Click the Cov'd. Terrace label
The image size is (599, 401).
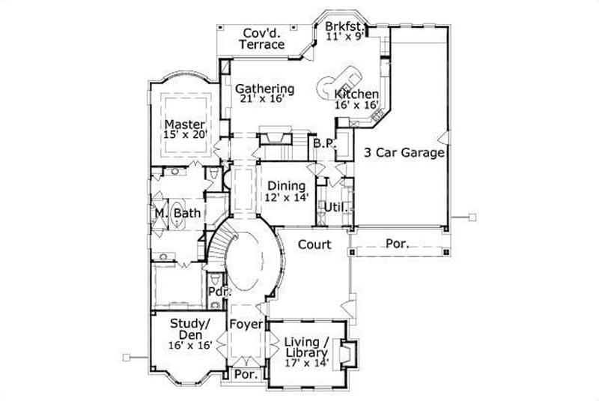(261, 38)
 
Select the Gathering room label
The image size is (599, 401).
(265, 89)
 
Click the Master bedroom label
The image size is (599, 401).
(185, 124)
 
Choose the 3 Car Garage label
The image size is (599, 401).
(404, 153)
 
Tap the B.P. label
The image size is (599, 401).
(323, 142)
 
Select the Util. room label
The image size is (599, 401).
(333, 206)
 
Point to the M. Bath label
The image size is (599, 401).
(178, 214)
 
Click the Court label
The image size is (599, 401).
(314, 244)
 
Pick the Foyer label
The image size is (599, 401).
(245, 325)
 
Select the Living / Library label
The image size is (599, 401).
(306, 347)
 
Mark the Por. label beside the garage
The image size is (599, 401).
(397, 244)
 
